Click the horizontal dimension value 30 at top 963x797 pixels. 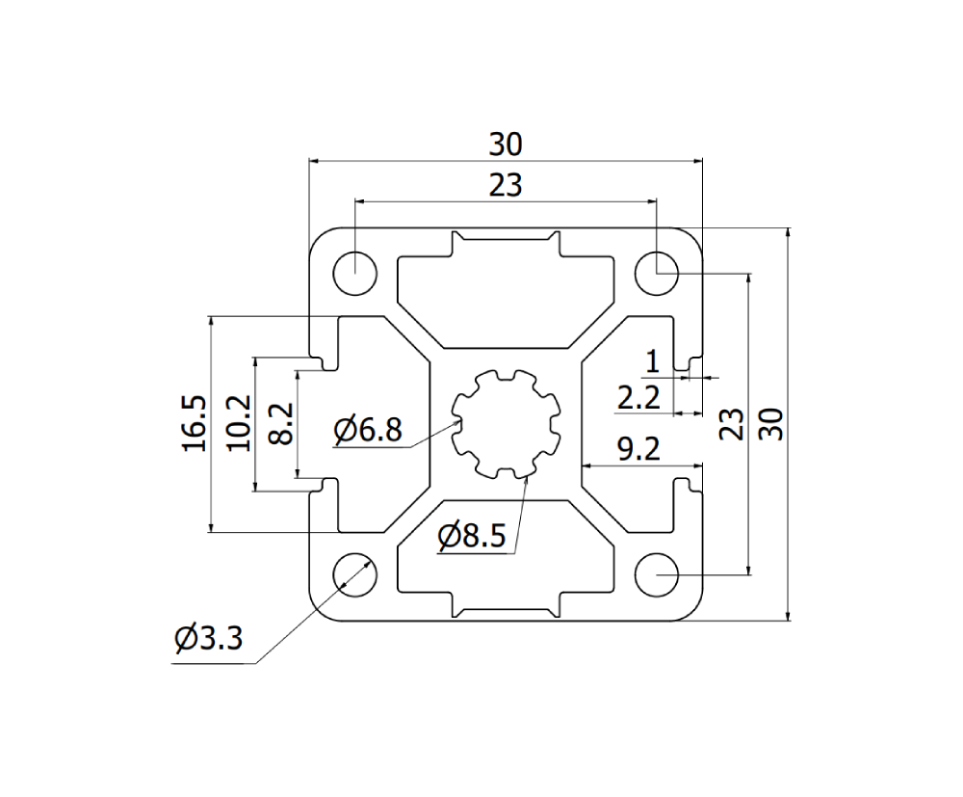[505, 145]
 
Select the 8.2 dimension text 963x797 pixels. [279, 423]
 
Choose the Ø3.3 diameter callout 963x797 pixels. [208, 638]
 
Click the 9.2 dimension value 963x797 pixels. [639, 448]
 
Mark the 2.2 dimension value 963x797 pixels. [638, 397]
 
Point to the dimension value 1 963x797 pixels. [652, 362]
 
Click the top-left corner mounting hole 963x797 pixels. [354, 272]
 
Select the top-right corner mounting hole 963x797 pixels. [656, 272]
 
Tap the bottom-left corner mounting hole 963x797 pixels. [354, 574]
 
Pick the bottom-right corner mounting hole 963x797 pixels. [656, 574]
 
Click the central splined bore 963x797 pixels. [506, 422]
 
